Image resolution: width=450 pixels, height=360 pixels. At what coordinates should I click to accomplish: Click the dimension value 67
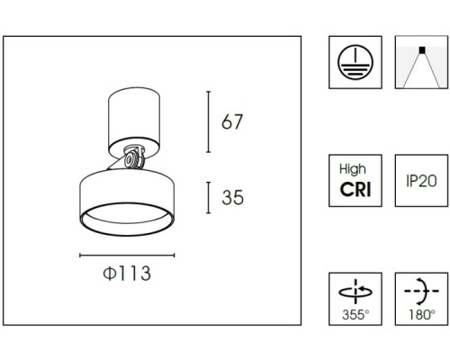coord(232,121)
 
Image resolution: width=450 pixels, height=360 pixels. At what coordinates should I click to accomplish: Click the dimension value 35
coord(232,197)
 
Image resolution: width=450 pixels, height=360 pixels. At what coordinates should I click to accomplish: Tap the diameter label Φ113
coord(127,274)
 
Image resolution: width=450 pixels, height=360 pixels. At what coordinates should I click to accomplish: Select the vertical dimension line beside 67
coord(209,121)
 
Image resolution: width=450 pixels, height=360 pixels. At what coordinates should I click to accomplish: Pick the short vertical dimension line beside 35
coord(209,198)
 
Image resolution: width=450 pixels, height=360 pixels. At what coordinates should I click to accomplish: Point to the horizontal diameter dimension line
coord(127,256)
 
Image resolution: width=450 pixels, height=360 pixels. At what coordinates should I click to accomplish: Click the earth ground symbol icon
coord(355,62)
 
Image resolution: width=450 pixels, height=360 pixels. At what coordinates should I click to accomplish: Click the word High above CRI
coord(353,169)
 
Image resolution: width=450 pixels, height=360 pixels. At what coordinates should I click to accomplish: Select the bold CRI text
coord(355,190)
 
